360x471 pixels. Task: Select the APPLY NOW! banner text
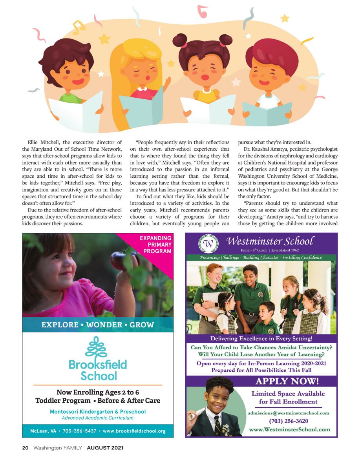click(x=287, y=381)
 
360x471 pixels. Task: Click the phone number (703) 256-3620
click(x=288, y=421)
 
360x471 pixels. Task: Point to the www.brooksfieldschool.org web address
click(x=134, y=431)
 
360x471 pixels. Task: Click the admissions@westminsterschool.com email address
click(x=288, y=413)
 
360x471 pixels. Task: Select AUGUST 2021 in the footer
click(x=105, y=448)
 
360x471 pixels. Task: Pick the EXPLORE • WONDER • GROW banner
click(x=98, y=325)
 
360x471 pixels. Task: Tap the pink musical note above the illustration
click(x=202, y=11)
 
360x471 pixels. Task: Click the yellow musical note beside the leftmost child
click(x=79, y=27)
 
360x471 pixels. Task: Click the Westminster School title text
click(x=270, y=241)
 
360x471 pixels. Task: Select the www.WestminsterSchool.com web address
click(x=289, y=429)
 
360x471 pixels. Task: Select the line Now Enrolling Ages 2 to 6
click(x=98, y=392)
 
